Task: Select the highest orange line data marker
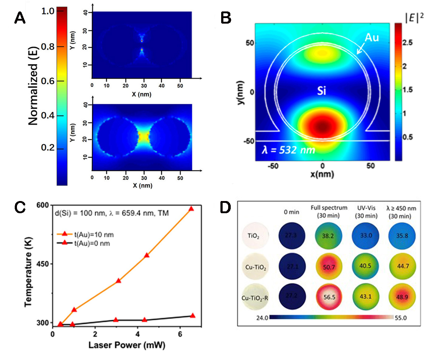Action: (191, 209)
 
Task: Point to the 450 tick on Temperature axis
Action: (41, 264)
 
